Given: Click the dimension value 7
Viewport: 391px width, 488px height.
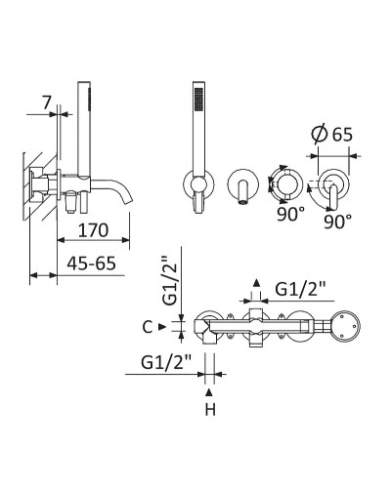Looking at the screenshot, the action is pyautogui.click(x=47, y=103).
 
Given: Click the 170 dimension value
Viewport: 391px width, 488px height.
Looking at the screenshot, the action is pyautogui.click(x=93, y=230).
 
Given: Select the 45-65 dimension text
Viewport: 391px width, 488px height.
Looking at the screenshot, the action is pyautogui.click(x=91, y=264).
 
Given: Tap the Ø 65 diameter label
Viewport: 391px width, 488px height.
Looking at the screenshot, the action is pyautogui.click(x=331, y=135).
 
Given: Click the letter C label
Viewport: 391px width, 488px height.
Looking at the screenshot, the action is pyautogui.click(x=148, y=327).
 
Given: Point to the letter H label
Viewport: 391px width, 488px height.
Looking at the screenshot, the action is pyautogui.click(x=210, y=410).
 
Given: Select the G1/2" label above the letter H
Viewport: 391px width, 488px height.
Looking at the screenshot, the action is pyautogui.click(x=166, y=363).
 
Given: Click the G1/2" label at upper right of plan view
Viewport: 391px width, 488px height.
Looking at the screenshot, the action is pyautogui.click(x=300, y=289).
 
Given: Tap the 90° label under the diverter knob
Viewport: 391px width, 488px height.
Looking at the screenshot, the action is pyautogui.click(x=291, y=215).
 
